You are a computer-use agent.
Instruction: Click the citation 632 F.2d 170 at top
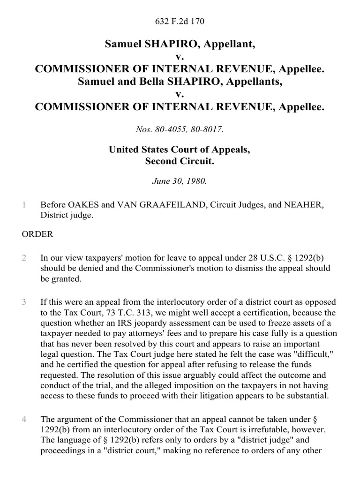point(180,21)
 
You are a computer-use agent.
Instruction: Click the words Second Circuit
point(180,162)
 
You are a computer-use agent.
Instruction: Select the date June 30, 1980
point(180,181)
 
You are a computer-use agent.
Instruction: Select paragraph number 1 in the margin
point(23,204)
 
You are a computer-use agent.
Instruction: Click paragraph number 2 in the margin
point(23,258)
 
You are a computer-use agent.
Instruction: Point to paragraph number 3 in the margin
point(23,301)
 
